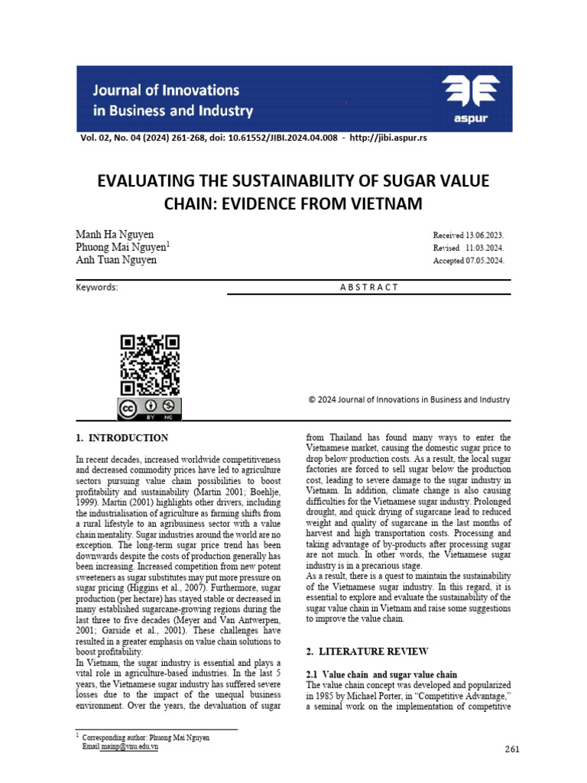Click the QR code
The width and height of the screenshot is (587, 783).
tap(150, 365)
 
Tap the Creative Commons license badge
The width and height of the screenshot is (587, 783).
tap(150, 408)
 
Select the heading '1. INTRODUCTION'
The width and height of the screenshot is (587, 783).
tap(122, 438)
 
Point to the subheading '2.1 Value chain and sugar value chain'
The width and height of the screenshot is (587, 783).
tap(381, 674)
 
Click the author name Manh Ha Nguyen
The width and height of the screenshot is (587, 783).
tap(115, 233)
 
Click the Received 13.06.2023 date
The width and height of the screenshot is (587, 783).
tap(469, 236)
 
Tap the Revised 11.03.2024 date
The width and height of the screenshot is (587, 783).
tap(469, 248)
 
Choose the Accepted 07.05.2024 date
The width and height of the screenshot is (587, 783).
tap(469, 260)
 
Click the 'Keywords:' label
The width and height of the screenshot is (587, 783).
tap(97, 288)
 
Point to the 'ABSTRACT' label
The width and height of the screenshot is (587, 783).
tap(368, 288)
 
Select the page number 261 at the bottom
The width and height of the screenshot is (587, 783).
tap(512, 749)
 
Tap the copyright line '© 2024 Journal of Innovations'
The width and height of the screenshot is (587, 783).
tap(409, 399)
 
